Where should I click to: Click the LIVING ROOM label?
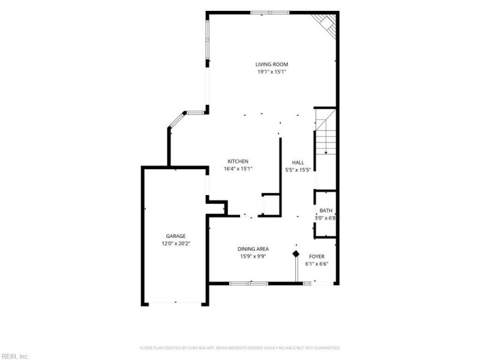(272, 64)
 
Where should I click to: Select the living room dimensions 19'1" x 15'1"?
(272, 72)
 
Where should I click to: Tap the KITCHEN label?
(238, 161)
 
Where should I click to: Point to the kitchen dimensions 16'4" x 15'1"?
(238, 169)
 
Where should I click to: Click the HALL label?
(298, 163)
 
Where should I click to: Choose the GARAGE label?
(176, 236)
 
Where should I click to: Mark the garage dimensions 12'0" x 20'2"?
(176, 244)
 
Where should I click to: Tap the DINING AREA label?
(253, 249)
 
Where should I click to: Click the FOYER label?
(317, 257)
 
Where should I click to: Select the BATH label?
(326, 211)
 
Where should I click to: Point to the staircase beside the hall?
(326, 131)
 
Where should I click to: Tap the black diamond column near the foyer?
(296, 254)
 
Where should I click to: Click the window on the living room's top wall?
(269, 13)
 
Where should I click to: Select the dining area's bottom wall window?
(248, 283)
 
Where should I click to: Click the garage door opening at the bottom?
(175, 304)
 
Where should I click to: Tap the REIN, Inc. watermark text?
(14, 356)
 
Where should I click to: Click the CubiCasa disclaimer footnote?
(240, 348)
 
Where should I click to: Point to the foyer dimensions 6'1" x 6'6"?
(317, 264)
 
